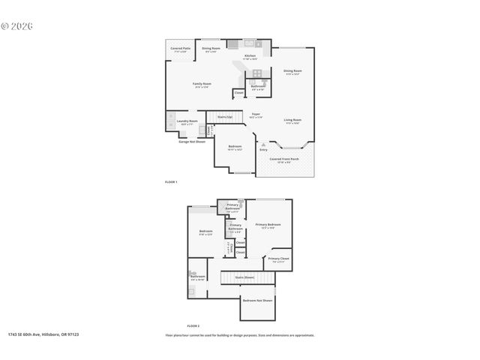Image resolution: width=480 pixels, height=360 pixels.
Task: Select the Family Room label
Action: pos(201,84)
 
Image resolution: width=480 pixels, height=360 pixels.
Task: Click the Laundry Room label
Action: pos(187,121)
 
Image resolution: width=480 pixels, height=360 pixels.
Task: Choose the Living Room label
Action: pos(292,121)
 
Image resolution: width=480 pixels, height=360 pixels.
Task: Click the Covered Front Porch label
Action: pos(284,160)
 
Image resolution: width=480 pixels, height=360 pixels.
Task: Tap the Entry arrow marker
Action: pos(263,145)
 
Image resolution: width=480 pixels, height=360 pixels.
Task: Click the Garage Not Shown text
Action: pos(192,141)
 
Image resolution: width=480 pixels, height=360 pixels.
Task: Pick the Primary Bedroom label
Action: pos(268,225)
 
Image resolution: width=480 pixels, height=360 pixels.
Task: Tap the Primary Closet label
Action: pos(278,259)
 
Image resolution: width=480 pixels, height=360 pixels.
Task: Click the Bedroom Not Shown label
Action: pos(257,301)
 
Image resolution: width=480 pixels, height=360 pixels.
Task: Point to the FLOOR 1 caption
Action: pos(171,182)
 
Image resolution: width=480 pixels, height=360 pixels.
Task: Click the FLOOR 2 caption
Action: pos(193,326)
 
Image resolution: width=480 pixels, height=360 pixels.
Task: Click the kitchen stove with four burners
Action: pos(257,73)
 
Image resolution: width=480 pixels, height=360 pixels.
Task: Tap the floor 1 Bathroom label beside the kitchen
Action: pos(258,87)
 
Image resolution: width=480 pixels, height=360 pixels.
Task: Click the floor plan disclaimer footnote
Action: pos(239,335)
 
